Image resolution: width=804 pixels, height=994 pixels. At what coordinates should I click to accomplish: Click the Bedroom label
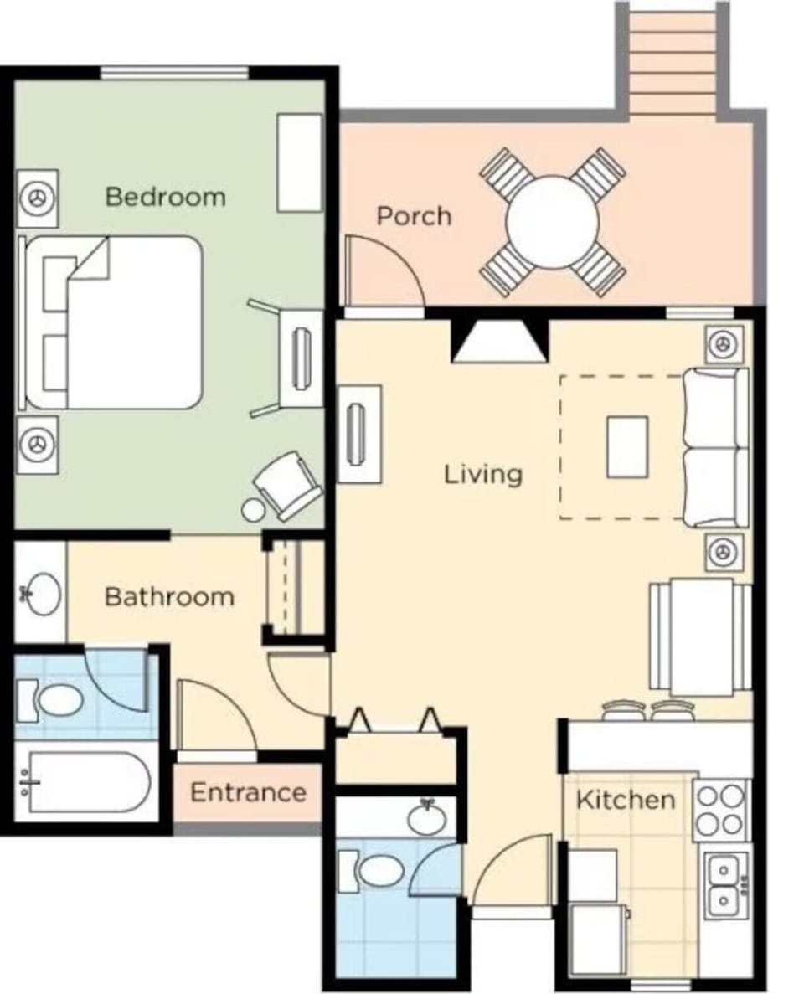[x=165, y=197]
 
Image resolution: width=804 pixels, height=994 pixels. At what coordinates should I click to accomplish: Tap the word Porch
[x=413, y=216]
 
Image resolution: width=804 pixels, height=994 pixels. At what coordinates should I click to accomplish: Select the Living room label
[x=482, y=474]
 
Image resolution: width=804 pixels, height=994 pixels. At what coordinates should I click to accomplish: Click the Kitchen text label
[x=625, y=800]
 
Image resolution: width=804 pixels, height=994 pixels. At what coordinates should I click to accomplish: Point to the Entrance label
[x=248, y=792]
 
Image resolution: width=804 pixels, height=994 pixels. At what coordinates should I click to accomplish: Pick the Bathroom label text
[x=168, y=597]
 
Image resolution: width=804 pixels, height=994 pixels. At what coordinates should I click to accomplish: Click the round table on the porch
[x=552, y=221]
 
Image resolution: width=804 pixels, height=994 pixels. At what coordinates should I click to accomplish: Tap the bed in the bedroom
[x=126, y=322]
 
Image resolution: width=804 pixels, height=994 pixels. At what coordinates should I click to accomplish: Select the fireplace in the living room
[x=499, y=342]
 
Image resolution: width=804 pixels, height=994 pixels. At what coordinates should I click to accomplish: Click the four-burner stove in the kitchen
[x=719, y=810]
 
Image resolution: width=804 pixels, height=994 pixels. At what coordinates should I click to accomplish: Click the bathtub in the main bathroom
[x=84, y=781]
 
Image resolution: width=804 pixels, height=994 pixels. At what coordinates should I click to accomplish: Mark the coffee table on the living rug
[x=627, y=446]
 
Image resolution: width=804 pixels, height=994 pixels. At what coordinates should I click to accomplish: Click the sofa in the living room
[x=714, y=448]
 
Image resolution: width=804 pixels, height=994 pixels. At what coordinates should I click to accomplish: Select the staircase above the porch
[x=672, y=59]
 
